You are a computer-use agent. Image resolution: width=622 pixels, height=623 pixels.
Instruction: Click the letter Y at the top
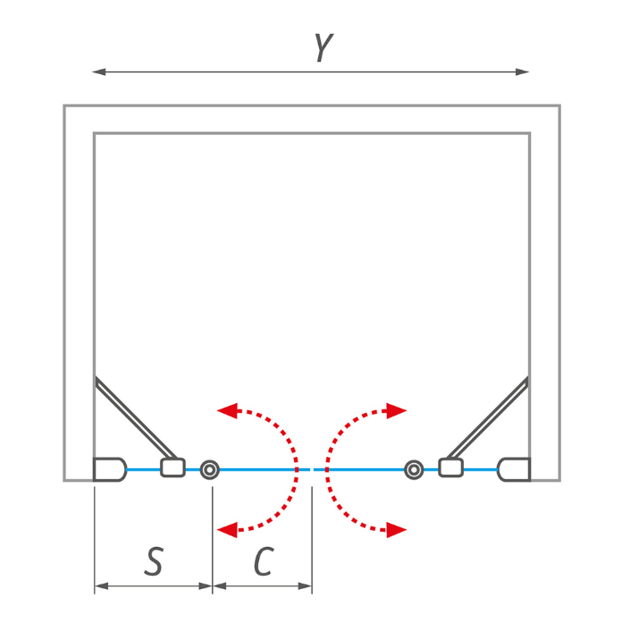pyautogui.click(x=324, y=47)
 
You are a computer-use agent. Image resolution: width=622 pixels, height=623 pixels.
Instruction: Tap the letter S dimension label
pyautogui.click(x=154, y=561)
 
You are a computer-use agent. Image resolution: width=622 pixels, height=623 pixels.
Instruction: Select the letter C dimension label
pyautogui.click(x=264, y=561)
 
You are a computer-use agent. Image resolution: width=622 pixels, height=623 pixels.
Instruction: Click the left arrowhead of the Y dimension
pyautogui.click(x=99, y=72)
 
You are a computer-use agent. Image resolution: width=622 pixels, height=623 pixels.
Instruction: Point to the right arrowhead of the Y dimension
pyautogui.click(x=522, y=72)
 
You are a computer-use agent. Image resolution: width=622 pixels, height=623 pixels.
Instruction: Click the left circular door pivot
pyautogui.click(x=210, y=470)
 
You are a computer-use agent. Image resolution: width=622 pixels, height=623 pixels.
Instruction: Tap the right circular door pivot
pyautogui.click(x=414, y=470)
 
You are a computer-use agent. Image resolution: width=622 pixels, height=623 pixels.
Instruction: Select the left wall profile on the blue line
pyautogui.click(x=110, y=469)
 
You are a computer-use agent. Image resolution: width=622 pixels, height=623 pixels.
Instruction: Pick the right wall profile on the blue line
pyautogui.click(x=514, y=469)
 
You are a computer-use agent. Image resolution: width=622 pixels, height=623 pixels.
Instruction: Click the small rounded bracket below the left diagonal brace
pyautogui.click(x=172, y=467)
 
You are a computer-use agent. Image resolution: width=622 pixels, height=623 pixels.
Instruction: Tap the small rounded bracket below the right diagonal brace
pyautogui.click(x=450, y=467)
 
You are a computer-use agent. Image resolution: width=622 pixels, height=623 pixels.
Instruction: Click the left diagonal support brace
pyautogui.click(x=136, y=417)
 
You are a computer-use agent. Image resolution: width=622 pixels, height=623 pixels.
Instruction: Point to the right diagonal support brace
pyautogui.click(x=488, y=417)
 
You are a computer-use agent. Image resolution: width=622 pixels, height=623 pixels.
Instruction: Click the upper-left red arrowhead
pyautogui.click(x=228, y=411)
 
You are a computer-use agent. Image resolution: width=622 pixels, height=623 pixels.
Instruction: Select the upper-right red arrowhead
pyautogui.click(x=397, y=411)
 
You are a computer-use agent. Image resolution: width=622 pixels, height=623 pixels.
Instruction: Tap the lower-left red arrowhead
pyautogui.click(x=228, y=530)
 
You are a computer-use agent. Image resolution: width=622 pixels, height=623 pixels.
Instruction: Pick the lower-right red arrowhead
pyautogui.click(x=397, y=530)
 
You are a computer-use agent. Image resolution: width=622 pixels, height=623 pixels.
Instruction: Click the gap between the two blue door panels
pyautogui.click(x=312, y=469)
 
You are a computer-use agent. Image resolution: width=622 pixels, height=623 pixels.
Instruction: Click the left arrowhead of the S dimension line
pyautogui.click(x=101, y=586)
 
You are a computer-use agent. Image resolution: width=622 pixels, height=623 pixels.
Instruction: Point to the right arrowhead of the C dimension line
pyautogui.click(x=305, y=586)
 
